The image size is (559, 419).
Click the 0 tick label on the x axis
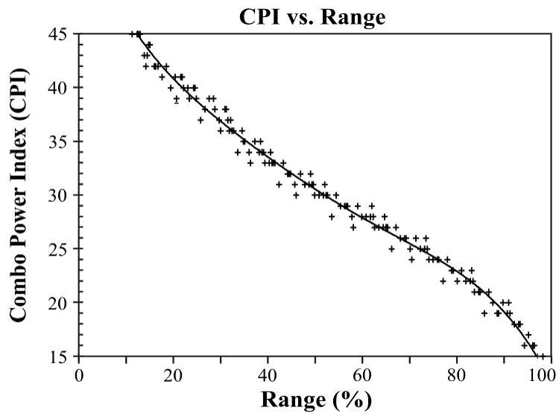point(79,375)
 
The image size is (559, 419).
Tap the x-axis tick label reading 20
point(173,375)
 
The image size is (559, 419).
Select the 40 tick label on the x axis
point(268,375)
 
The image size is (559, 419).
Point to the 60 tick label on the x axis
point(362,375)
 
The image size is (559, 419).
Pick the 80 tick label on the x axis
point(456,375)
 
